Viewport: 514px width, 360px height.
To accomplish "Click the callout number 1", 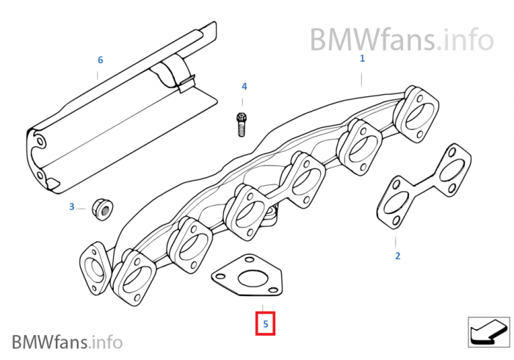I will pos(362,58).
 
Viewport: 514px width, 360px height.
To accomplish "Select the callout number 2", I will pos(397,256).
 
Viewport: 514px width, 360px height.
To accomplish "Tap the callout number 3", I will pos(72,207).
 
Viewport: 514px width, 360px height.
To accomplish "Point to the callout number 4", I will pos(245,87).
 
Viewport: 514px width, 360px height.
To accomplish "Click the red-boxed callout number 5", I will pos(265,323).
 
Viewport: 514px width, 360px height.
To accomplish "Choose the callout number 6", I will pos(101,60).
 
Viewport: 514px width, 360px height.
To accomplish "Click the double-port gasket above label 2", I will pos(422,190).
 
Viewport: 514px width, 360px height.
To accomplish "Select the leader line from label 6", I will pos(100,73).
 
